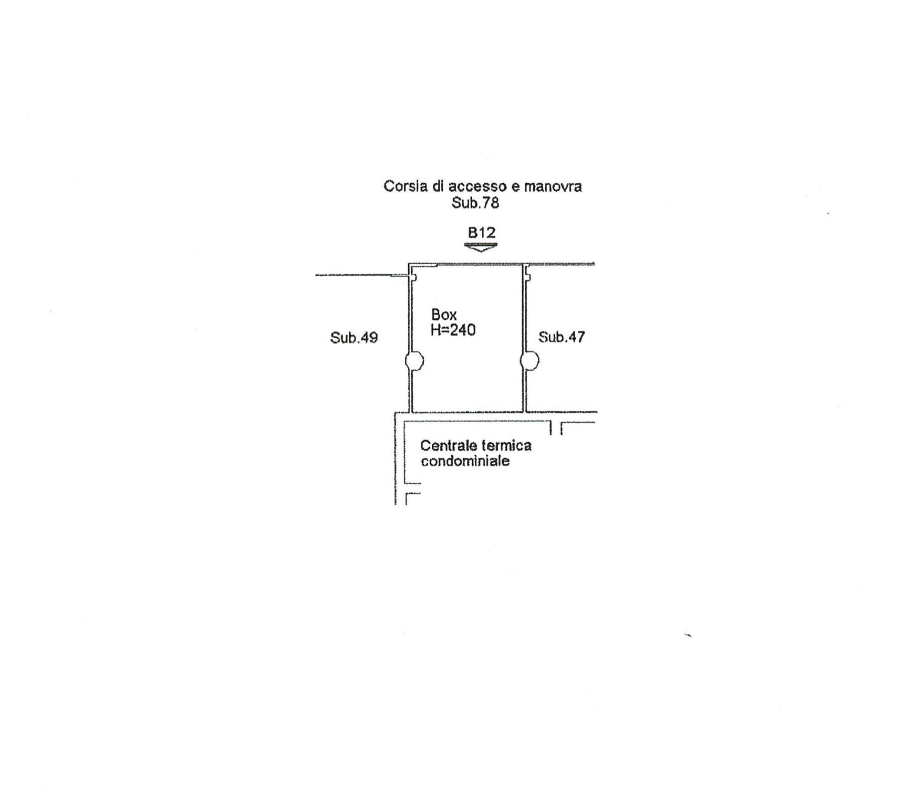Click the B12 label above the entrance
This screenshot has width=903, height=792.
pos(482,232)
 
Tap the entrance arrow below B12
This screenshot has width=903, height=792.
pos(481,247)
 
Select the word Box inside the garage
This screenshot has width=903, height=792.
pos(444,315)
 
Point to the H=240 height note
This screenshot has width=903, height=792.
pos(453,330)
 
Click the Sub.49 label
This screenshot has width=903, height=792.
pos(354,338)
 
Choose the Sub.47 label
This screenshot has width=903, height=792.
pos(562,337)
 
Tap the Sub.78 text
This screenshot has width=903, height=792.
pos(475,203)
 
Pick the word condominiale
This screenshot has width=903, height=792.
pos(465,461)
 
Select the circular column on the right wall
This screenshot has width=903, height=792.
pos(529,361)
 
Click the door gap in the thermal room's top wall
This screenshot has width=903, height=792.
pos(556,428)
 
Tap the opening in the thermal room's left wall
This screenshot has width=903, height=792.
pos(413,488)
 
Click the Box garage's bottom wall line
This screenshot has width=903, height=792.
pos(468,412)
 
